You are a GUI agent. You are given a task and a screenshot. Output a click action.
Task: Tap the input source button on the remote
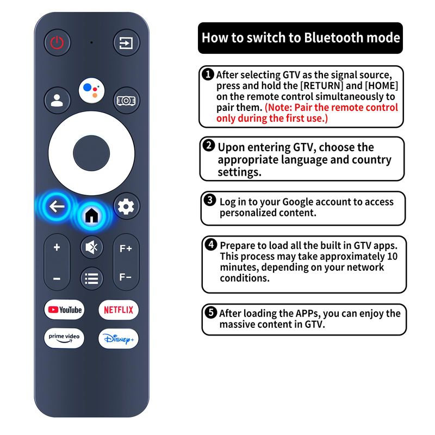(x=127, y=43)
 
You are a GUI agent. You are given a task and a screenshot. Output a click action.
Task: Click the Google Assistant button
(x=91, y=90)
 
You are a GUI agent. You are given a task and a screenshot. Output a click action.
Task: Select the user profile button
(x=57, y=100)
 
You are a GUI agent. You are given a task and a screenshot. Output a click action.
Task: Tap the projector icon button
(x=127, y=100)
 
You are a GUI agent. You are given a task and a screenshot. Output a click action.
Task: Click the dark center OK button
(x=91, y=153)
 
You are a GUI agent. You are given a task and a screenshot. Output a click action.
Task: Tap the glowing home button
(x=92, y=215)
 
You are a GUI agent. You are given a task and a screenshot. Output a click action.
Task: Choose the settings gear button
(x=127, y=207)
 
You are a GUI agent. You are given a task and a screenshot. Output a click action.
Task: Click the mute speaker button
(x=92, y=247)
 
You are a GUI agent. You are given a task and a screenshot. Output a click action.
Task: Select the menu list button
(x=92, y=278)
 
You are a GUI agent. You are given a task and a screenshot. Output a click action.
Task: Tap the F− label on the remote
(x=126, y=277)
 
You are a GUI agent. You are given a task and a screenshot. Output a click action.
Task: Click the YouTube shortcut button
(x=64, y=309)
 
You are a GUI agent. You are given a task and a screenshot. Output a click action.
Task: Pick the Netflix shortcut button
(x=119, y=309)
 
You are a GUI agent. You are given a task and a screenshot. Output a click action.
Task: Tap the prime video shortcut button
(x=64, y=338)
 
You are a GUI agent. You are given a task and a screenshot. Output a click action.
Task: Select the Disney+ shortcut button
(x=119, y=338)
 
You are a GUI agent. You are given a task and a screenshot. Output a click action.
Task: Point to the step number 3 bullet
(x=210, y=200)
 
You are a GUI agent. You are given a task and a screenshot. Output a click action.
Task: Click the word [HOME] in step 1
(x=381, y=86)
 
